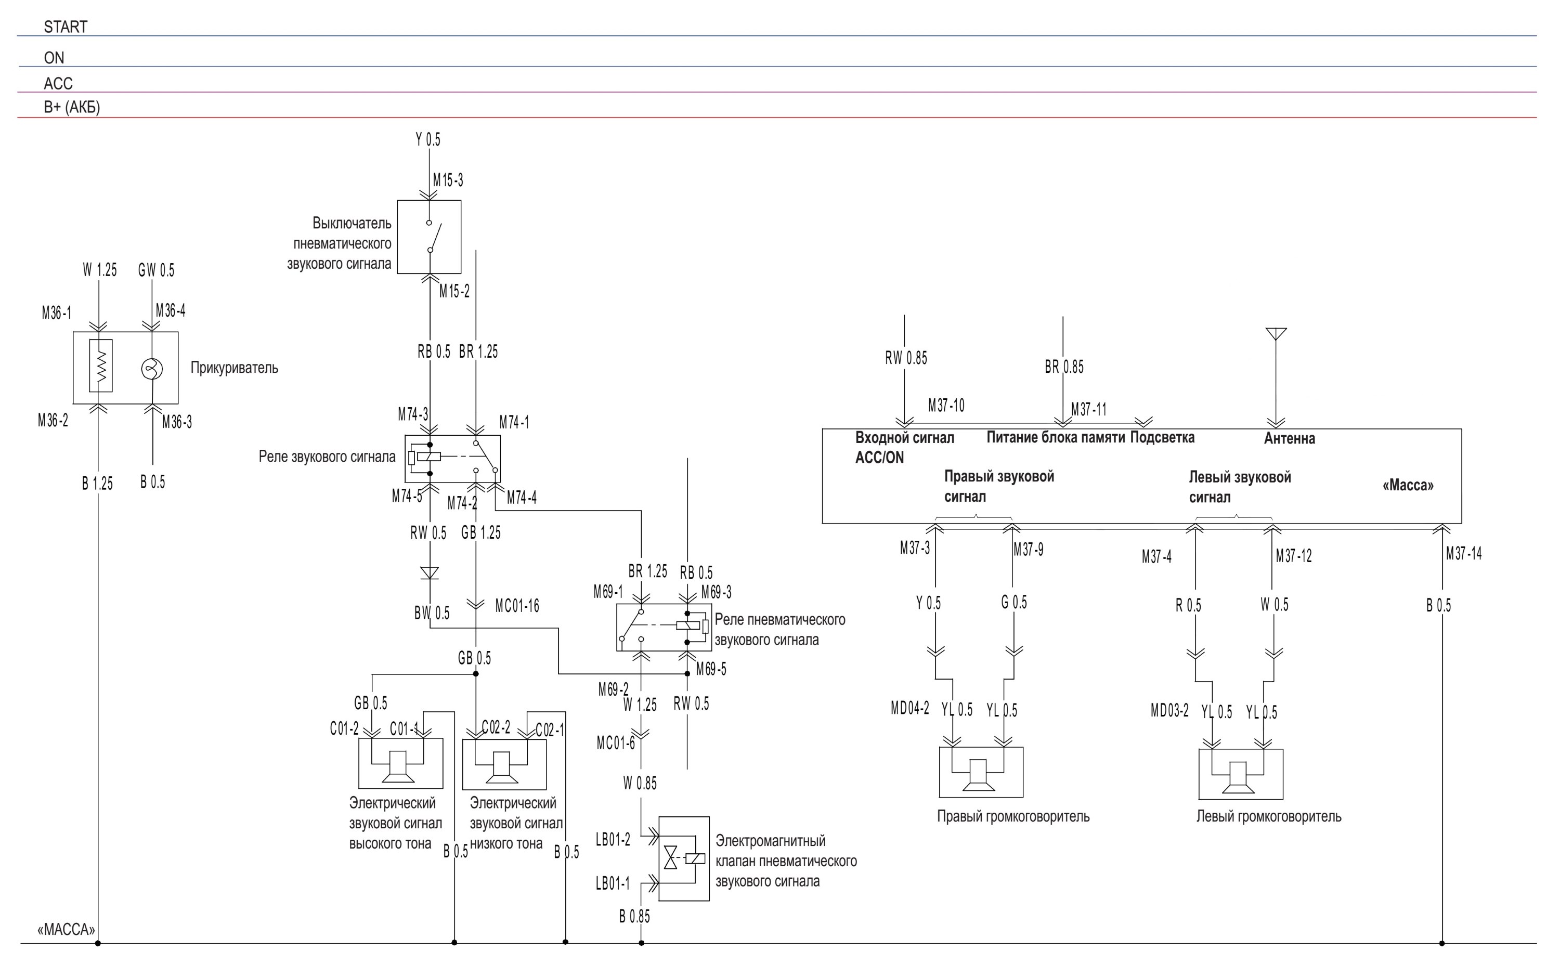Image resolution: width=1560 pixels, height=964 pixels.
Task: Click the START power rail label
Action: [x=65, y=27]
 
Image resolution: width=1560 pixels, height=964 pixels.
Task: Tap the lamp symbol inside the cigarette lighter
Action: [x=152, y=369]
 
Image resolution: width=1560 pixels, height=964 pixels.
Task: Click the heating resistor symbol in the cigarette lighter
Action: [x=101, y=366]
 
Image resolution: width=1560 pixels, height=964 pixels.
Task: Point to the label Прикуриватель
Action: [x=234, y=368]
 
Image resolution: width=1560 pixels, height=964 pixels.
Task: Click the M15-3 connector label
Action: [x=448, y=180]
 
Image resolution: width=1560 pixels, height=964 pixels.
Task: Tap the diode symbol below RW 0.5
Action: [x=431, y=572]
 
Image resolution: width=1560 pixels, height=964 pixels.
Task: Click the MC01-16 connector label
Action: [x=517, y=606]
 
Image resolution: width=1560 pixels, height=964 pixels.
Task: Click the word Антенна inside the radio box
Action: [x=1289, y=439]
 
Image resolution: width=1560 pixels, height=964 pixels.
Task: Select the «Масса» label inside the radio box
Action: [x=1408, y=485]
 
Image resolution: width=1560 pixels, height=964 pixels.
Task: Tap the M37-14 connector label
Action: [x=1464, y=553]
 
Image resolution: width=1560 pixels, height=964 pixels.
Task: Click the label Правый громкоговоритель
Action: [x=1013, y=816]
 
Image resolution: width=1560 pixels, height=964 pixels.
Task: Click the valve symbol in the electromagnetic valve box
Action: [x=671, y=857]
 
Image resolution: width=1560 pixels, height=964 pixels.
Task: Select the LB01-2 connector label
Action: [x=613, y=840]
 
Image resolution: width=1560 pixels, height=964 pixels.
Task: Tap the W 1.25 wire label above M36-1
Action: [x=99, y=270]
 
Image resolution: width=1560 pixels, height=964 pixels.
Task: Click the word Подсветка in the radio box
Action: [x=1162, y=437]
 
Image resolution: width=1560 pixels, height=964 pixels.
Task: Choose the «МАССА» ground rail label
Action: [x=67, y=930]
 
